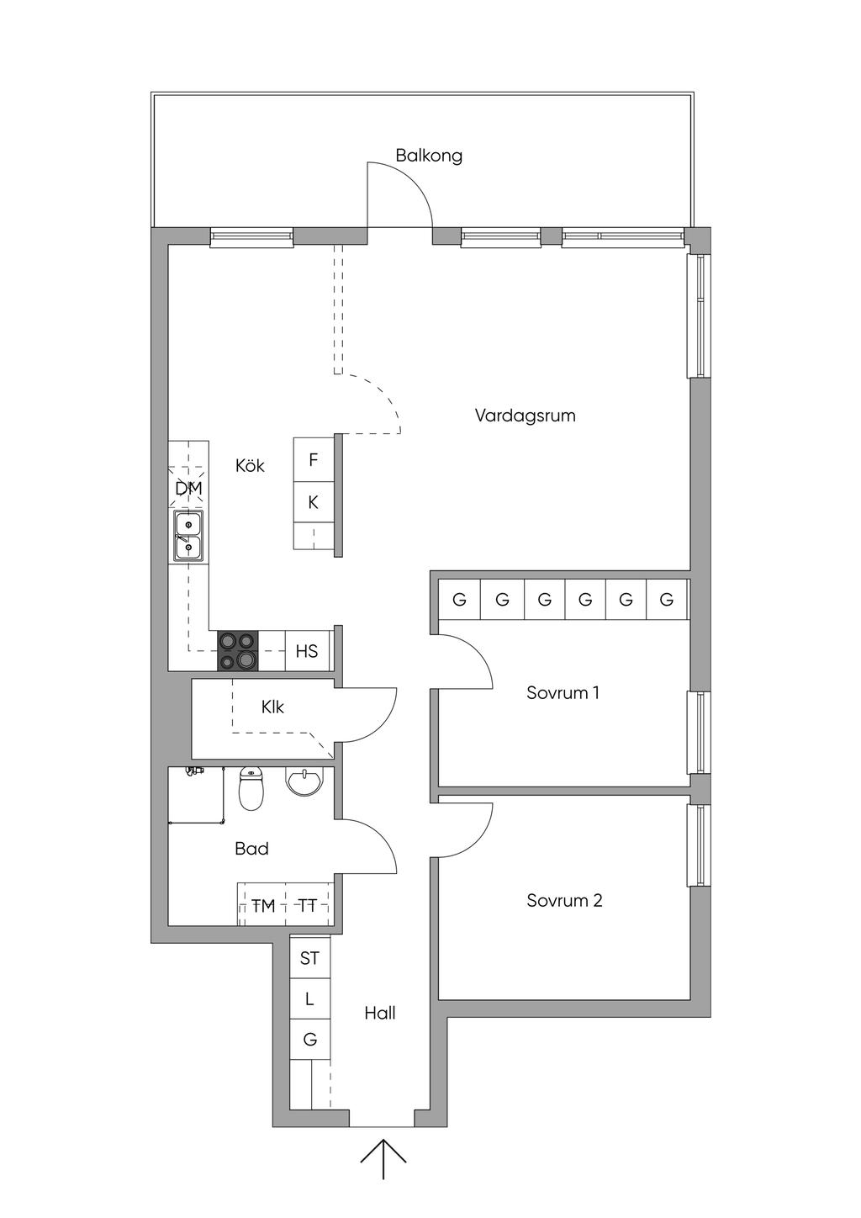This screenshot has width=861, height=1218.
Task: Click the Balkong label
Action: [x=429, y=156]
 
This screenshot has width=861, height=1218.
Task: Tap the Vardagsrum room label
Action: [x=525, y=416]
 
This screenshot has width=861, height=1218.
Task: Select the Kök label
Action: [x=250, y=466]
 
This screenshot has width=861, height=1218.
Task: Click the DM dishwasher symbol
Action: [x=188, y=488]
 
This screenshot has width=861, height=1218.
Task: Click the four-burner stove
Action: [x=239, y=651]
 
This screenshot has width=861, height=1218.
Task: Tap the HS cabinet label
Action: [x=307, y=651]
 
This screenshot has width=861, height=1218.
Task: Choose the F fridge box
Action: [x=314, y=460]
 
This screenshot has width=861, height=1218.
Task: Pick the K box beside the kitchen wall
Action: [x=314, y=502]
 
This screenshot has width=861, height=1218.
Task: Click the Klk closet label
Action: [x=272, y=707]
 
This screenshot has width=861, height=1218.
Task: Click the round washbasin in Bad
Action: [x=304, y=781]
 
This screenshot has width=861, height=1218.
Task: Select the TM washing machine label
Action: [x=263, y=906]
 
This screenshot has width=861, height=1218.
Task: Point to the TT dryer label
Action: [x=308, y=906]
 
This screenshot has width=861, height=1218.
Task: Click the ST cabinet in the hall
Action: [x=309, y=958]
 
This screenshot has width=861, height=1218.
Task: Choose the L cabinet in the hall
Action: [x=309, y=999]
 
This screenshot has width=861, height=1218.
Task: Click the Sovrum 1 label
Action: [x=563, y=693]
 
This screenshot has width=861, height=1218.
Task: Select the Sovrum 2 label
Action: [x=564, y=901]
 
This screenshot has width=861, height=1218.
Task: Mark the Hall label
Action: [x=380, y=1014]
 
